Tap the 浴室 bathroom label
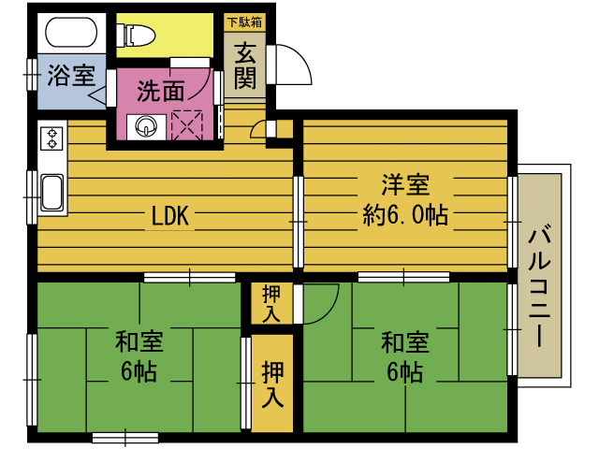pyautogui.click(x=71, y=75)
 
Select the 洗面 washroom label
pyautogui.click(x=160, y=91)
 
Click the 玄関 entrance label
pyautogui.click(x=245, y=66)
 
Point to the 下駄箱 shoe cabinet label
pyautogui.click(x=244, y=20)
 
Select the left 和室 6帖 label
pyautogui.click(x=138, y=355)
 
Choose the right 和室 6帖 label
pyautogui.click(x=404, y=355)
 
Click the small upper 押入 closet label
pyautogui.click(x=271, y=303)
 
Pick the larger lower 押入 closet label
pyautogui.click(x=272, y=384)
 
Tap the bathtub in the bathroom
pyautogui.click(x=68, y=35)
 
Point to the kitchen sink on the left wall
pyautogui.click(x=51, y=194)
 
